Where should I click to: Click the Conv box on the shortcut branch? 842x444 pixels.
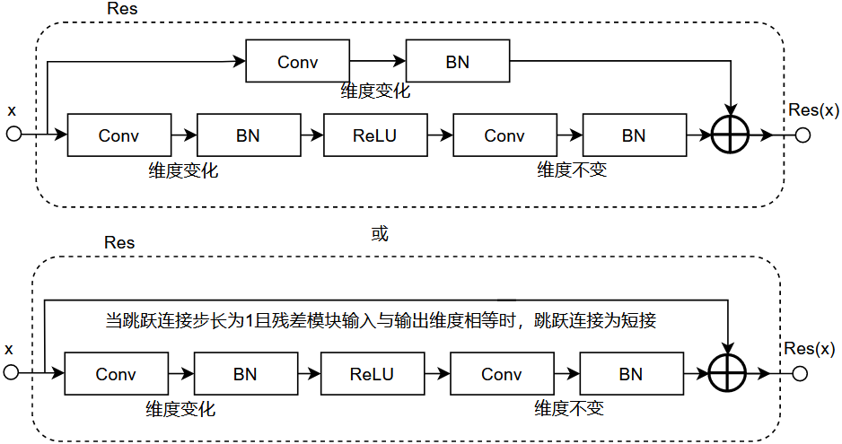tap(297, 63)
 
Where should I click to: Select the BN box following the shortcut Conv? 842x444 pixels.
tap(457, 63)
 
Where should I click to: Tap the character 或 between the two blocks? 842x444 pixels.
tap(380, 234)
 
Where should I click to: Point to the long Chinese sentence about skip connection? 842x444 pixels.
tap(382, 320)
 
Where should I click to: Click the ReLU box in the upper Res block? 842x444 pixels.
tap(374, 135)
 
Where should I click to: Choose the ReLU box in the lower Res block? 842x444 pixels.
tap(372, 374)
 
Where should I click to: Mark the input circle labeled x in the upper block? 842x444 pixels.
tap(13, 135)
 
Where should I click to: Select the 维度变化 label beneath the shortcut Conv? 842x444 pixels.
tap(375, 91)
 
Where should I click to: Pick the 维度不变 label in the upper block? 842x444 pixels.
tap(572, 170)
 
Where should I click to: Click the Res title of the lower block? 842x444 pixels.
tap(119, 242)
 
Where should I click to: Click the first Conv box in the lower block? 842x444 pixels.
tap(116, 374)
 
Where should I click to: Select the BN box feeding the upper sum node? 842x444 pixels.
tap(634, 135)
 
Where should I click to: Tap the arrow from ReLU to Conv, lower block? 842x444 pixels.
tap(436, 374)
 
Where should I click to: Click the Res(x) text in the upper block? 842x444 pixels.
tap(811, 109)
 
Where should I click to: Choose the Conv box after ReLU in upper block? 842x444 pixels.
tap(504, 135)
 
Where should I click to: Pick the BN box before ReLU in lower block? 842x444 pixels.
tap(245, 374)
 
